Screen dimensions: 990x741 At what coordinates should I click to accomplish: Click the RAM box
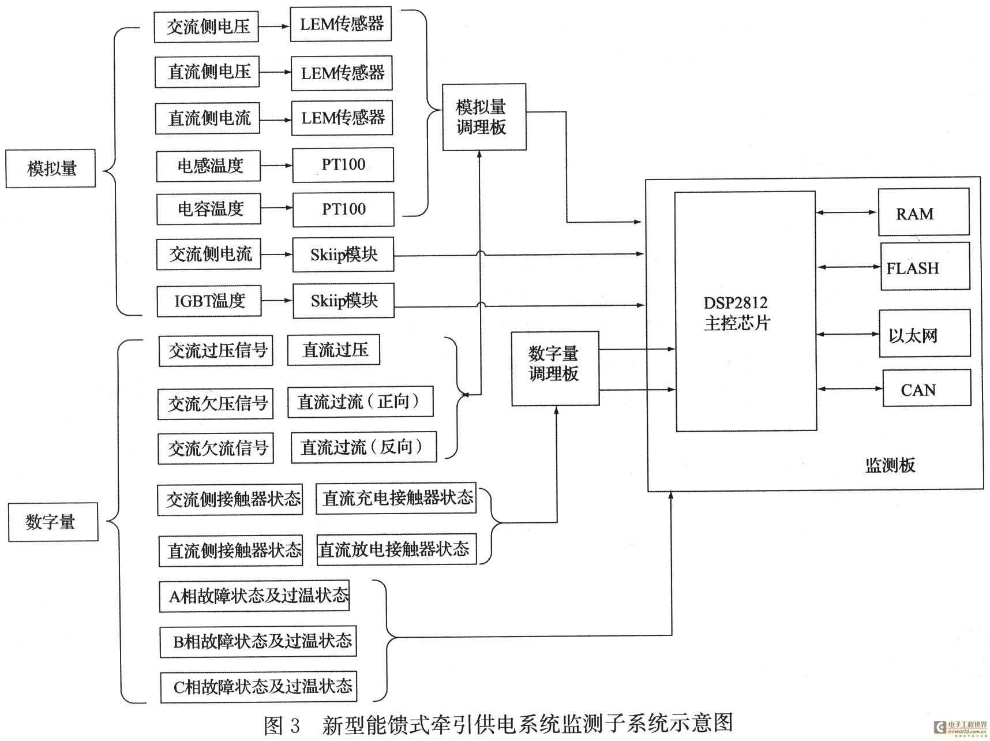click(923, 212)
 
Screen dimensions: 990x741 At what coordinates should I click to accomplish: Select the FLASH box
click(925, 267)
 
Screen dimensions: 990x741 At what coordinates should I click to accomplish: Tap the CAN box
click(927, 388)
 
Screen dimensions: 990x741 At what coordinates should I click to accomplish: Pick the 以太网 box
click(925, 334)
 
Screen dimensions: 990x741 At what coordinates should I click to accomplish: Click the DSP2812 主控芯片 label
click(737, 313)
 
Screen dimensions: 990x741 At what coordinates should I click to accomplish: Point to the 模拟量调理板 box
click(484, 117)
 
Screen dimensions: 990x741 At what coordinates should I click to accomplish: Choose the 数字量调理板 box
click(555, 368)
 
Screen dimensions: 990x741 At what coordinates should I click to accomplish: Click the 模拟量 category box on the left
click(51, 169)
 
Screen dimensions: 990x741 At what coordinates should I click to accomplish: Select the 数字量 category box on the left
click(53, 522)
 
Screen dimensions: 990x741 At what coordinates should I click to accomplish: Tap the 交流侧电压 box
click(206, 27)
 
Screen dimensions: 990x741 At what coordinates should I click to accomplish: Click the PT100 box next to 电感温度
click(343, 164)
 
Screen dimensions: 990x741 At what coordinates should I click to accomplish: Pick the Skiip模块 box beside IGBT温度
click(344, 300)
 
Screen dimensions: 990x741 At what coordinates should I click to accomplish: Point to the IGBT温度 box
click(209, 301)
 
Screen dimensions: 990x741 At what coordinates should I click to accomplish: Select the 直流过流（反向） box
click(363, 447)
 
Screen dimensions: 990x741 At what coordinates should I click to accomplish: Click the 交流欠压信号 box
click(215, 404)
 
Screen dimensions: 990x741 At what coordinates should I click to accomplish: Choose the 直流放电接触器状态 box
click(397, 549)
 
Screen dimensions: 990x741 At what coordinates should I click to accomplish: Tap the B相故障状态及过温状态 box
click(258, 641)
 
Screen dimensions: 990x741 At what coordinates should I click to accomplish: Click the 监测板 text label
click(890, 465)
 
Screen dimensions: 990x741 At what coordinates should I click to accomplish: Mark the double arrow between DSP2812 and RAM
click(847, 212)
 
